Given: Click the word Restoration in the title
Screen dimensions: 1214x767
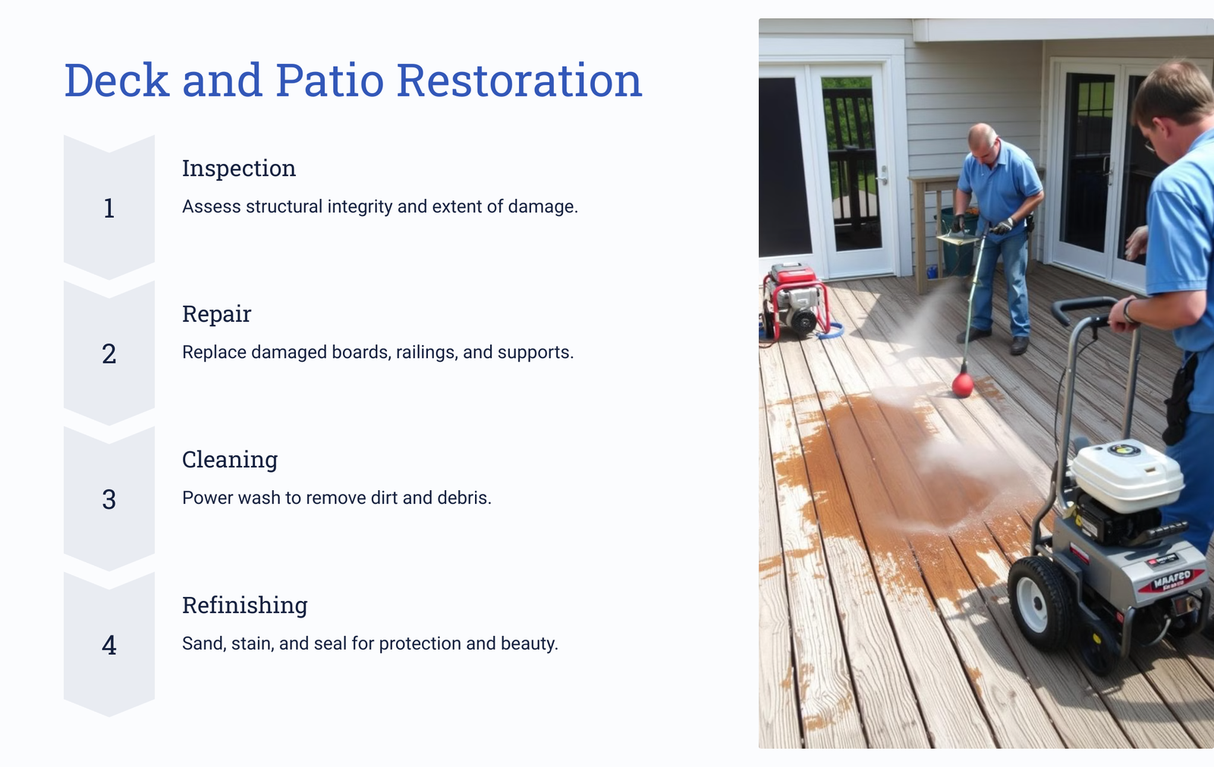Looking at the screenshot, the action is [x=519, y=80].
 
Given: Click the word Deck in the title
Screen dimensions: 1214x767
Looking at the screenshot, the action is [x=117, y=80].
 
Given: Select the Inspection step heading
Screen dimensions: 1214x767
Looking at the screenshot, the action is [x=239, y=168].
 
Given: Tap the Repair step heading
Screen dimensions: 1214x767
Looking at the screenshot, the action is [x=217, y=314].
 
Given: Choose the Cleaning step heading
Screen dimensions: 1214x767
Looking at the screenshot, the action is [x=230, y=460].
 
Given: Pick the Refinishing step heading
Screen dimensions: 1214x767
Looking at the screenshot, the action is [x=245, y=605].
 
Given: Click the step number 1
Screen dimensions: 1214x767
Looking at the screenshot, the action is [x=109, y=208].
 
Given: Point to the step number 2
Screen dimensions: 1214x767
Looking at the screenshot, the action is [x=109, y=354].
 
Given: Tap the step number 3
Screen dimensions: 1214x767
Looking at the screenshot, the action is [x=109, y=499].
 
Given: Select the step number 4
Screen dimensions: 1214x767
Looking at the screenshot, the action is [x=109, y=645].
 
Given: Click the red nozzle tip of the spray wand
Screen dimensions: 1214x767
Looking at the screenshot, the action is [x=963, y=385].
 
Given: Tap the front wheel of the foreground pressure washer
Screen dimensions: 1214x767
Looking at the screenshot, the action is [x=1038, y=603].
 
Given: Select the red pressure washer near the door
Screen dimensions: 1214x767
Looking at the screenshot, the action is [x=795, y=301].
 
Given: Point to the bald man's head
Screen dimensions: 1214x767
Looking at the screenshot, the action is [x=982, y=142].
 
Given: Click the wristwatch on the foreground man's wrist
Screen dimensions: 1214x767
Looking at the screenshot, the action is [x=1129, y=310].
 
